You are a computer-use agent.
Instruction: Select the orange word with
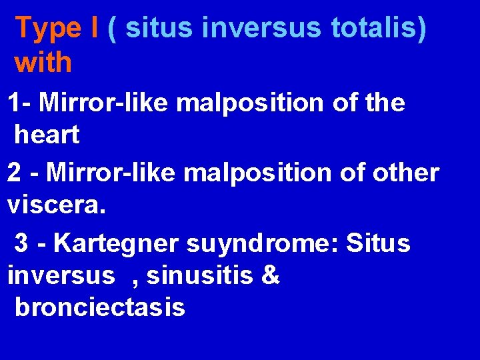(x=43, y=63)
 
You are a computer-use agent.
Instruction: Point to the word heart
(x=47, y=135)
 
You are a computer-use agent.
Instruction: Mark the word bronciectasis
(x=100, y=308)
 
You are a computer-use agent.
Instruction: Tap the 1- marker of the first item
(x=19, y=103)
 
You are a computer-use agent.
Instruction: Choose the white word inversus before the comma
(x=61, y=275)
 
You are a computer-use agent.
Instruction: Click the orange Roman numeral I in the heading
(x=97, y=29)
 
